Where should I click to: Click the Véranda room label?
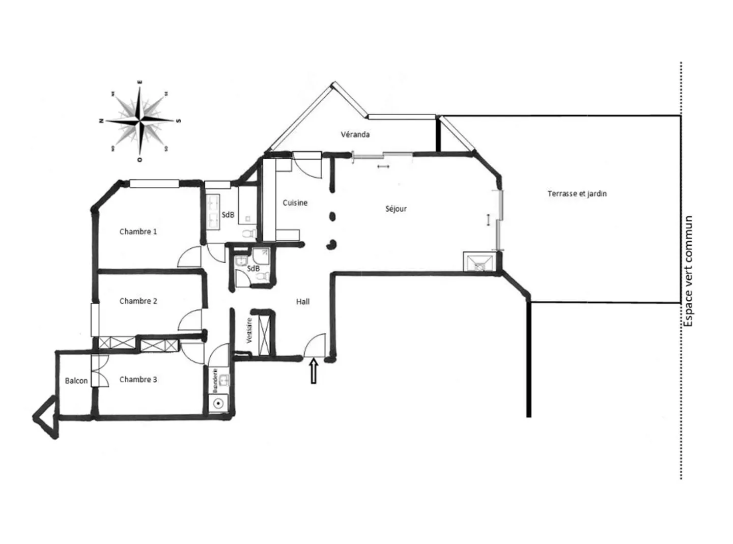[355, 135]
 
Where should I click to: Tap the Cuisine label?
[295, 203]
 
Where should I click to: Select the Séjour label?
[396, 209]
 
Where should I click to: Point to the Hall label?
[303, 302]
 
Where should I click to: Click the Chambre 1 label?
[138, 232]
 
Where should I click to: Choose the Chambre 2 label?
[138, 301]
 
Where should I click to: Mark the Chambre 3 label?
[138, 380]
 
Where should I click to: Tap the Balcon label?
[76, 381]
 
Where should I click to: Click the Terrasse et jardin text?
[577, 194]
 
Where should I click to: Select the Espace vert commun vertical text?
[688, 271]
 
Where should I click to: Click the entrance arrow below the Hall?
[313, 371]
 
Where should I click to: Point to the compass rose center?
[140, 121]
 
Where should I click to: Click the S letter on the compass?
[178, 121]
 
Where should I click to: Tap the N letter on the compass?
[101, 121]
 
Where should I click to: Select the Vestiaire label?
[249, 330]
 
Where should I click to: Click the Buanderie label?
[215, 380]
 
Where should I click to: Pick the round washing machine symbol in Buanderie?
[218, 404]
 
